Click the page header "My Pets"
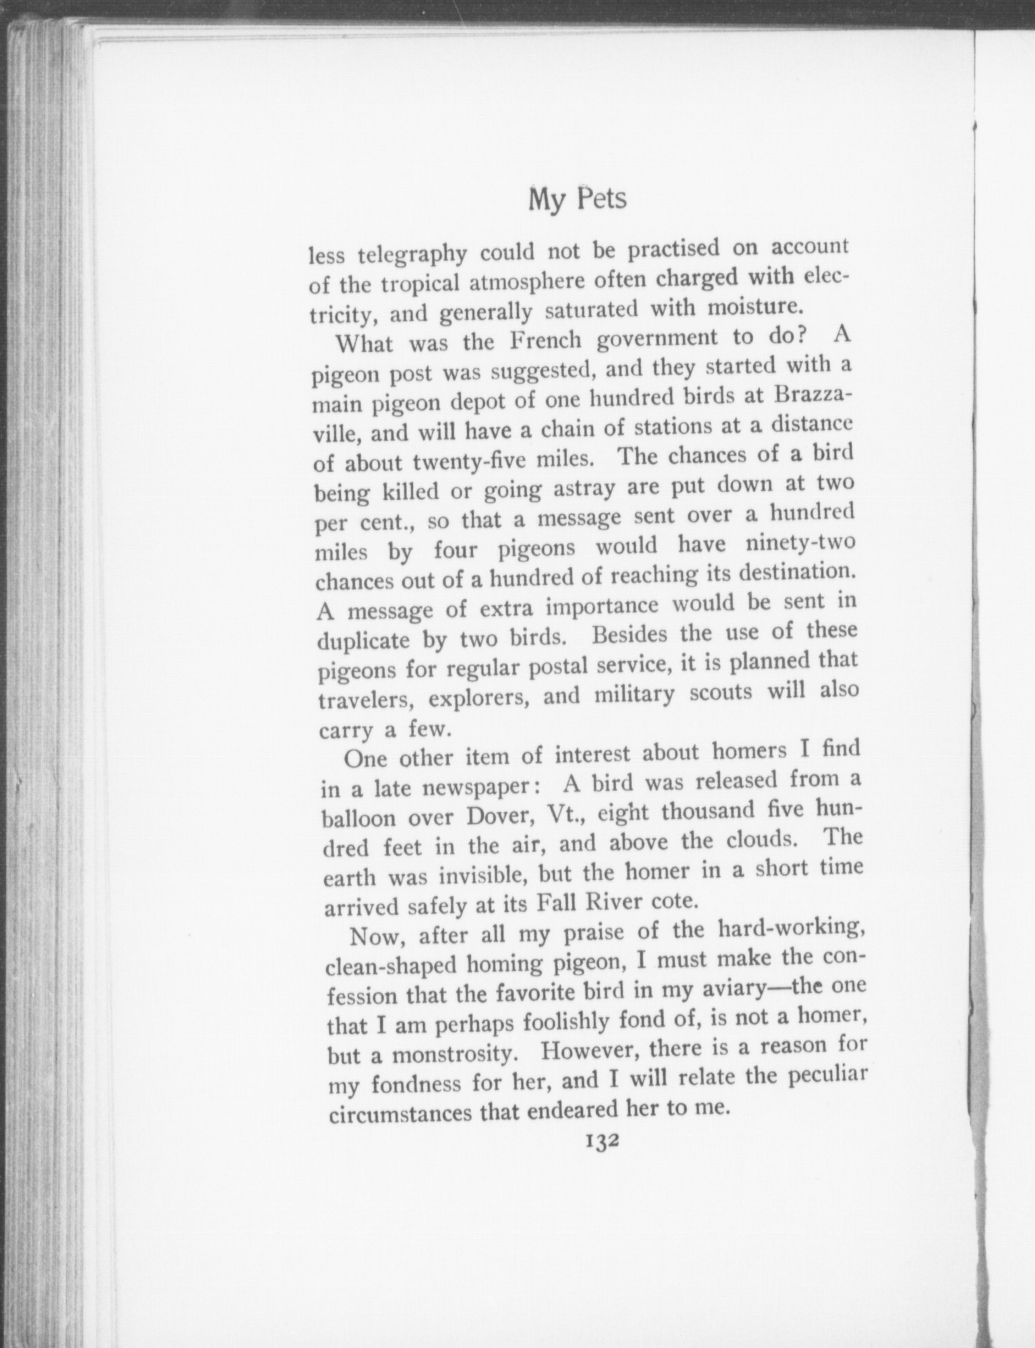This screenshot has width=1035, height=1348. click(x=577, y=199)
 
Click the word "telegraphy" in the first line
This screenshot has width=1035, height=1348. click(x=412, y=255)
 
